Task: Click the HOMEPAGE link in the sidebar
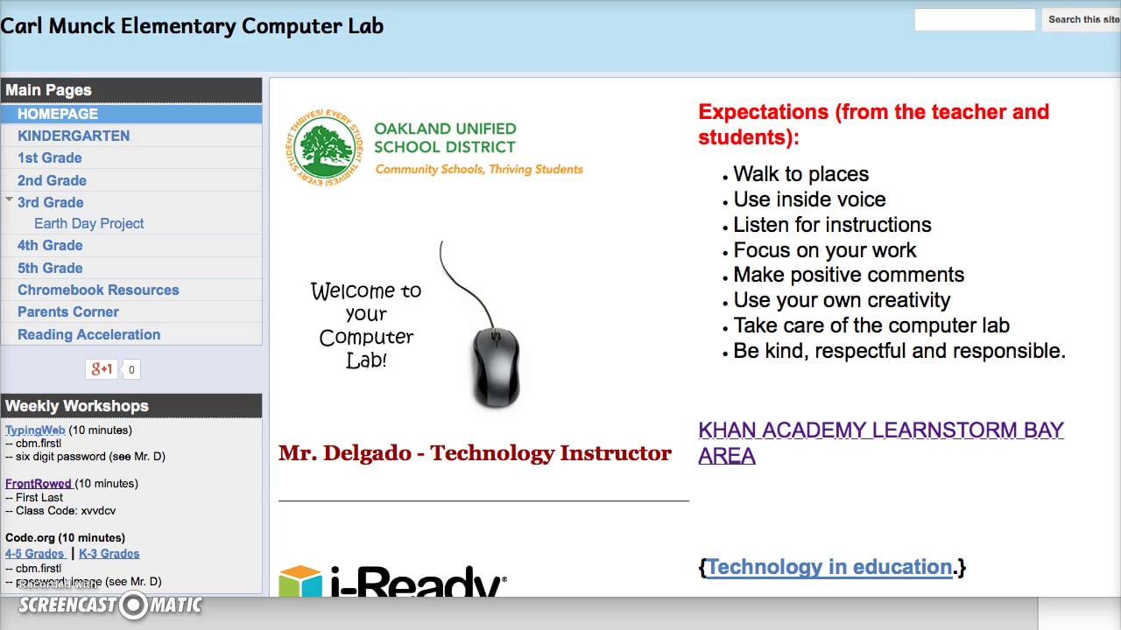point(58,114)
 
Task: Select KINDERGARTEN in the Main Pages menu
point(74,136)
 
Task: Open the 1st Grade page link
point(50,157)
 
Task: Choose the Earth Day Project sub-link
point(89,223)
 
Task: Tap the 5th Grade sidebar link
point(50,268)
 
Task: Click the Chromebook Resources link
point(98,290)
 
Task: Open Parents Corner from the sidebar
point(68,311)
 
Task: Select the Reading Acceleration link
point(89,334)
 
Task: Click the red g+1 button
point(102,369)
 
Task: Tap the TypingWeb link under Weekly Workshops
point(35,430)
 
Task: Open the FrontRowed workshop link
point(39,484)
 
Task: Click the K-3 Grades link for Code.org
point(109,554)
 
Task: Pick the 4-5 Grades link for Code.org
point(35,554)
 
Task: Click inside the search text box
point(975,19)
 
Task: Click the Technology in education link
point(829,567)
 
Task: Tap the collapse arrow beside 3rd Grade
point(9,200)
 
